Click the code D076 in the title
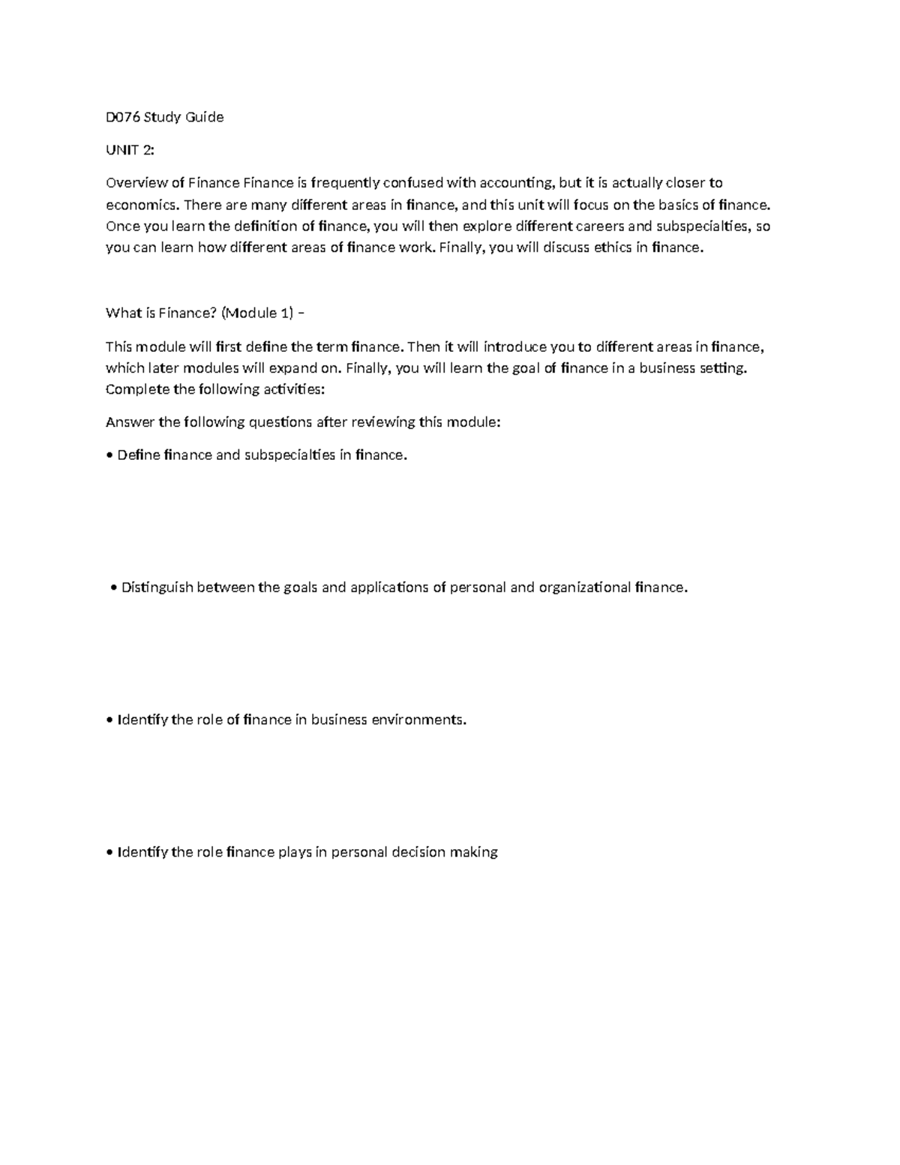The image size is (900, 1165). (122, 117)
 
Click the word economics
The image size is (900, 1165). (142, 205)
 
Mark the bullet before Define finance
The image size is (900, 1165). (110, 456)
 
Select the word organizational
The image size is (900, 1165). (584, 587)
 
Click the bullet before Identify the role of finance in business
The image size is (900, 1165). (110, 720)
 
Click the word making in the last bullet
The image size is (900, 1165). (473, 852)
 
